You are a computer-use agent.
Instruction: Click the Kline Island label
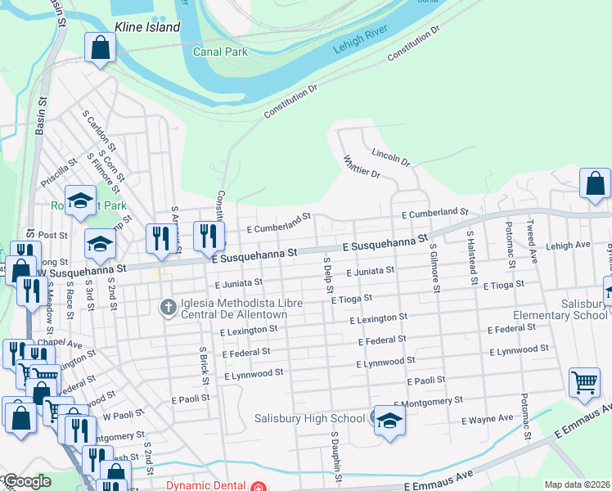(146, 27)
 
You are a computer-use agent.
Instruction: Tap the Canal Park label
(219, 51)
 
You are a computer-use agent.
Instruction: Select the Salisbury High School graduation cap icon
(389, 421)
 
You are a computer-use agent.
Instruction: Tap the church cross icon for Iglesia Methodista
(168, 308)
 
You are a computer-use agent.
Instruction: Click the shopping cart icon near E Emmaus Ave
(584, 383)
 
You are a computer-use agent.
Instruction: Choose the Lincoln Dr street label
(390, 157)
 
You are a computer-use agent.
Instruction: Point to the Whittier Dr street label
(362, 167)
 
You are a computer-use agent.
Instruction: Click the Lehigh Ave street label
(569, 245)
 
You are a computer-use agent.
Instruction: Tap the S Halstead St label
(472, 258)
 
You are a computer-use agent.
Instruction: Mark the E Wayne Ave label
(488, 419)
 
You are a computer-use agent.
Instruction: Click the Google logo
(26, 482)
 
